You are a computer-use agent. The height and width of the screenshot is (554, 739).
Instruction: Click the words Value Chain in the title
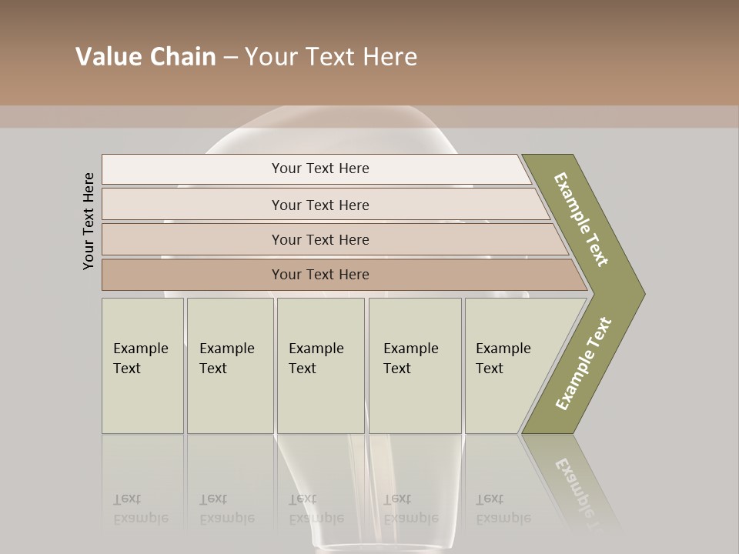pos(145,57)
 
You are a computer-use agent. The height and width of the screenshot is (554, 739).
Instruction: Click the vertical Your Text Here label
pos(89,221)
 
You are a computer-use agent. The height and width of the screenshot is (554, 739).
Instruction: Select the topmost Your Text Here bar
pos(320,169)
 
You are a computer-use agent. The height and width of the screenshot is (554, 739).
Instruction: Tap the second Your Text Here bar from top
pos(320,205)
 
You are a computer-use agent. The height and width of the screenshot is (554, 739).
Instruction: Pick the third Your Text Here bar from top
pos(320,239)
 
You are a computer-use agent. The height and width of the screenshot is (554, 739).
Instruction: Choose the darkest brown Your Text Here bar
pos(320,275)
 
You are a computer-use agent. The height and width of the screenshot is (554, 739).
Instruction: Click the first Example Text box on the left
pos(142,365)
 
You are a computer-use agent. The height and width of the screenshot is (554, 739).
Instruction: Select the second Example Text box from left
pos(229,365)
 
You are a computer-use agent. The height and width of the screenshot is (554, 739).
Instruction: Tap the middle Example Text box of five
pos(320,365)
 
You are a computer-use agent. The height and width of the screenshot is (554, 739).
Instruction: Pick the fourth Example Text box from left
pos(414,365)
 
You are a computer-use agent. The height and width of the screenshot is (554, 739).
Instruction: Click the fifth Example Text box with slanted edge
pos(508,365)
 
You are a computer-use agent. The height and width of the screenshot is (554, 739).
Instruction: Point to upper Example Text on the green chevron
pos(581,219)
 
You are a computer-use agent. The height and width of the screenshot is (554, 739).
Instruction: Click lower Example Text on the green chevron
pos(583,364)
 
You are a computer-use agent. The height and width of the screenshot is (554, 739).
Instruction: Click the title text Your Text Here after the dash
pos(331,57)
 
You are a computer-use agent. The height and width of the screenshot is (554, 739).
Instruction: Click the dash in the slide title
pos(230,58)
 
